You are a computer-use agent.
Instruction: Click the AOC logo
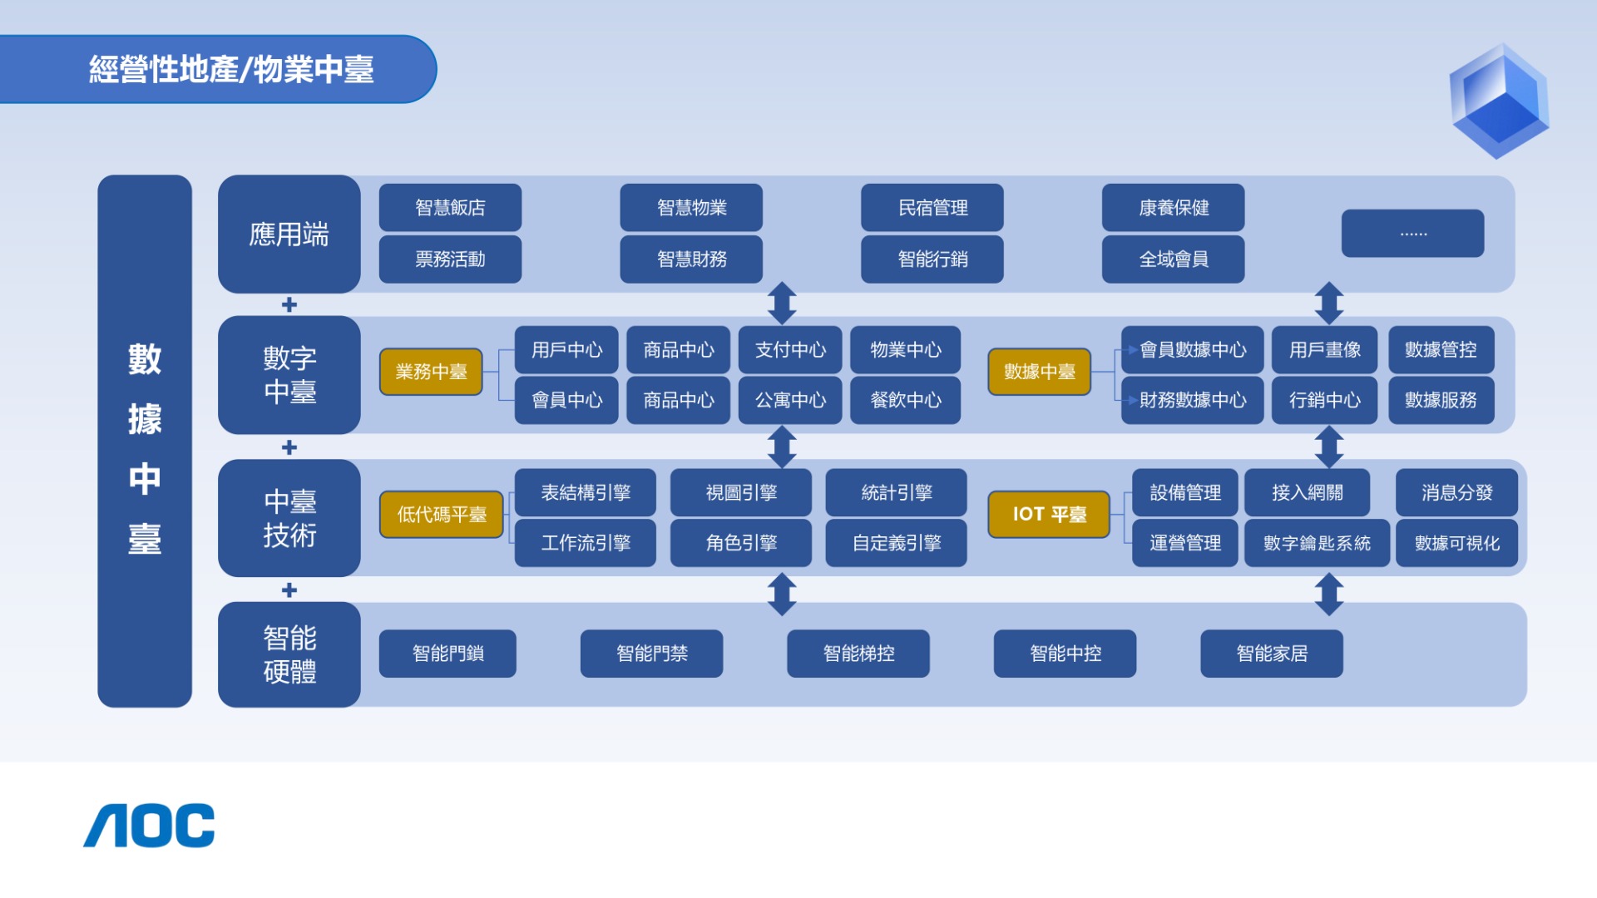149,826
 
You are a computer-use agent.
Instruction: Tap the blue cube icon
1499,101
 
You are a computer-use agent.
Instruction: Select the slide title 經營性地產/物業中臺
231,69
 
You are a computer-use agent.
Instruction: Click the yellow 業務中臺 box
431,372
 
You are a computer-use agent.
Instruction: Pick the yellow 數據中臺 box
1039,372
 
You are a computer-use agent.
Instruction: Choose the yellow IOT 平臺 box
1049,515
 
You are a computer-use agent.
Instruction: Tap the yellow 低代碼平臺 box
441,515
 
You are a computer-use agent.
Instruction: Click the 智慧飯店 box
450,208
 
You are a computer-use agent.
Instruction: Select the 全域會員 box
1173,259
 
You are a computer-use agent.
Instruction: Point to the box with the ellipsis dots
1412,234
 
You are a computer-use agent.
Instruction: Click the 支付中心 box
790,350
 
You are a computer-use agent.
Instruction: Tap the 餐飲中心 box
905,401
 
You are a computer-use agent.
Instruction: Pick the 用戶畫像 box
1324,350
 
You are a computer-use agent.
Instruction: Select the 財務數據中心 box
1192,401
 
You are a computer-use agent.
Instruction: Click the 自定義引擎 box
896,543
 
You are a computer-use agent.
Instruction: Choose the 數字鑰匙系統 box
1317,543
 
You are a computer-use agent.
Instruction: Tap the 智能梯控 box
858,654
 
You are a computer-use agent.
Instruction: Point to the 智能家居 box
1272,654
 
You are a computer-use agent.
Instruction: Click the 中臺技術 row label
289,518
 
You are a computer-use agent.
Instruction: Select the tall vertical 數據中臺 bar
145,441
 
